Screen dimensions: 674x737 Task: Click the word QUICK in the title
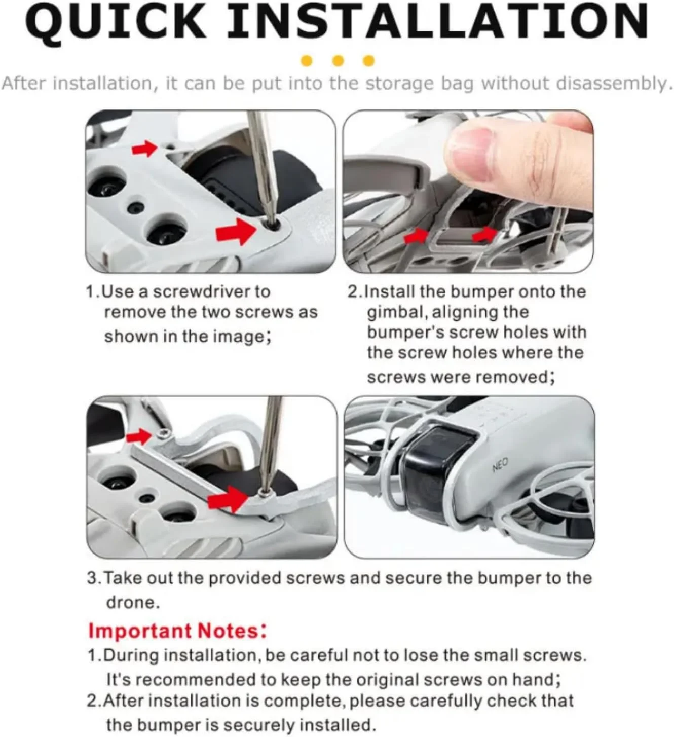coord(115,23)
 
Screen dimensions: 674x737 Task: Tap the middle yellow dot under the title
coord(338,60)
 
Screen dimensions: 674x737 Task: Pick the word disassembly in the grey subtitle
coord(612,84)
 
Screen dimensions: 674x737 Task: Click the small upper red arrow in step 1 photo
coord(145,148)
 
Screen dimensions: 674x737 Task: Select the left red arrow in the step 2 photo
coord(417,235)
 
